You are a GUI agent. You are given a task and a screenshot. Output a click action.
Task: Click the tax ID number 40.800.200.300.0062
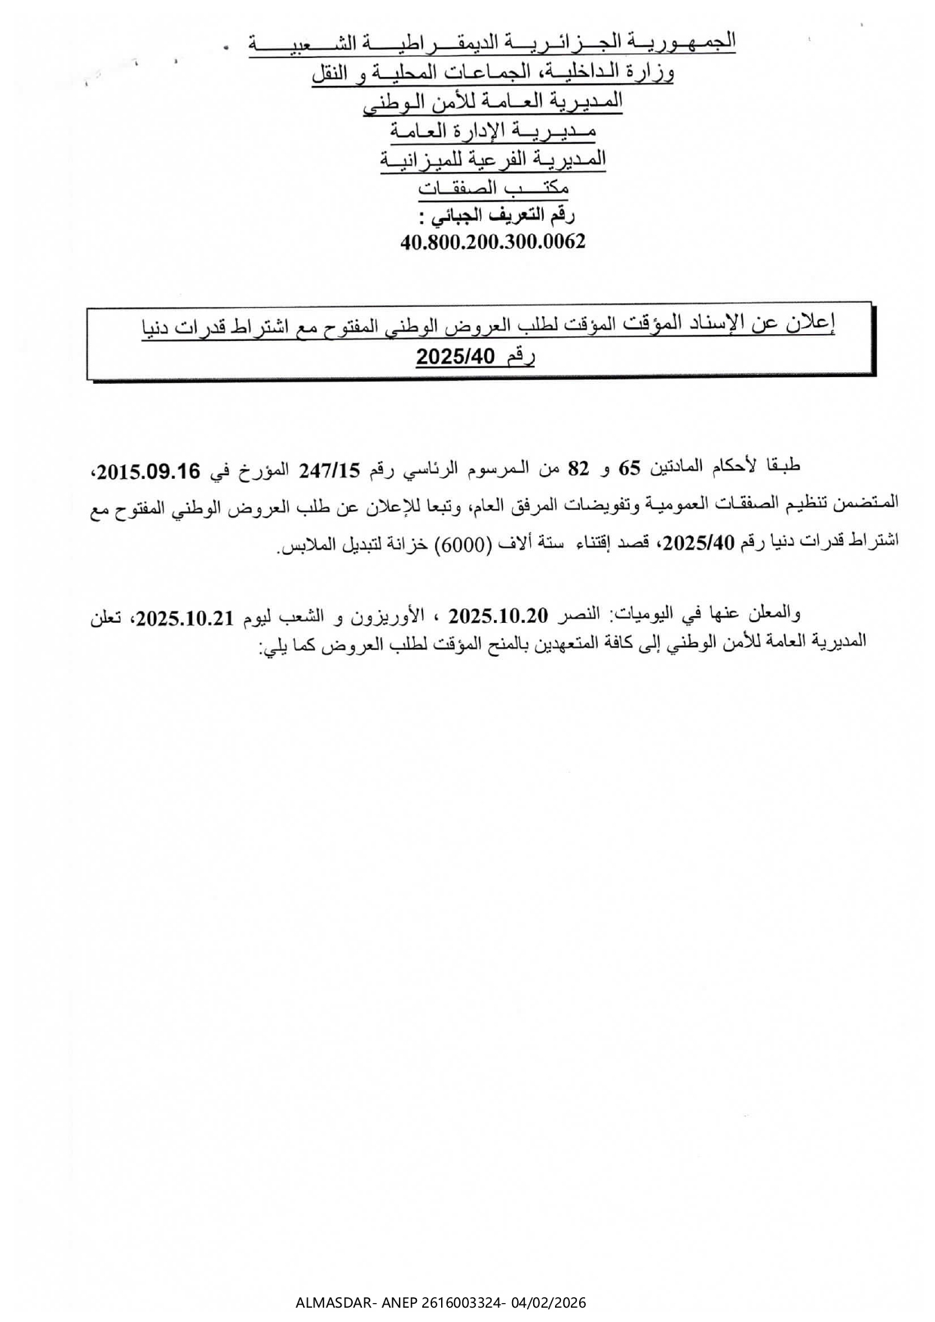pyautogui.click(x=494, y=242)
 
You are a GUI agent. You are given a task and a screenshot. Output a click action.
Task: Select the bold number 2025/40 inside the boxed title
pyautogui.click(x=454, y=357)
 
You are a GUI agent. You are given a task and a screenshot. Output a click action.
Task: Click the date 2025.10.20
pyautogui.click(x=498, y=615)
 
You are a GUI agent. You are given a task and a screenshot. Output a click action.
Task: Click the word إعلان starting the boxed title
pyautogui.click(x=811, y=324)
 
